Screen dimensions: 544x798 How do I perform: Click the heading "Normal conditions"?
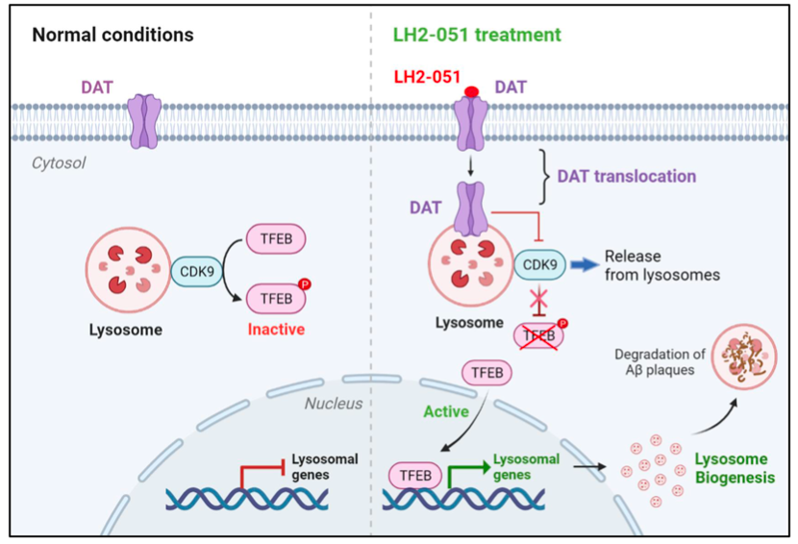[112, 36]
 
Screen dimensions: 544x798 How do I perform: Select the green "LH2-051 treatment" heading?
[478, 36]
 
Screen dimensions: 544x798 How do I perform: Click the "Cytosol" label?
[59, 163]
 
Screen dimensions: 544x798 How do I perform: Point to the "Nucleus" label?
[334, 403]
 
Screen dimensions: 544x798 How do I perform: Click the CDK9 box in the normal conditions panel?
[196, 272]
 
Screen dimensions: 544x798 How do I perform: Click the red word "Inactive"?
[277, 330]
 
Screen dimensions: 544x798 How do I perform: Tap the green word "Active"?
[446, 411]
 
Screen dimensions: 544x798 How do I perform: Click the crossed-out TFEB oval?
[538, 334]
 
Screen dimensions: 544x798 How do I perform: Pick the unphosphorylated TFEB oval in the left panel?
[277, 237]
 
